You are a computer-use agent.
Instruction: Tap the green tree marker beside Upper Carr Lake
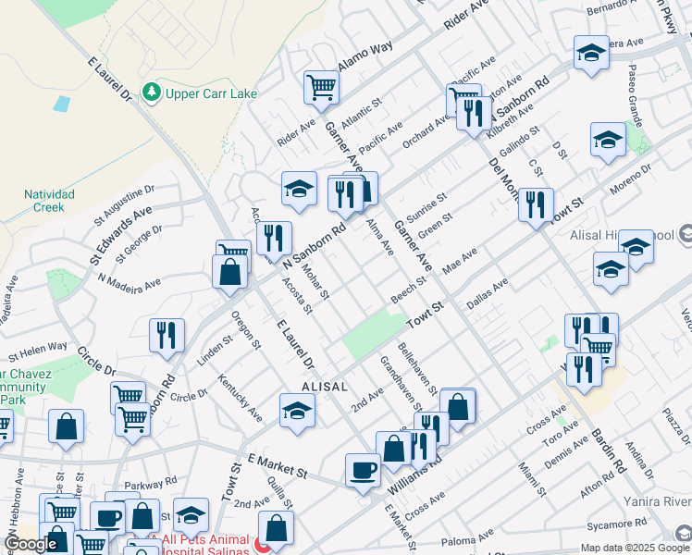[x=151, y=92]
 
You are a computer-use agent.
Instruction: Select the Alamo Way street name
[x=366, y=58]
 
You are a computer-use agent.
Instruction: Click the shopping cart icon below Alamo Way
[x=321, y=88]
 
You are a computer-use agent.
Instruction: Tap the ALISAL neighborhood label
[x=324, y=387]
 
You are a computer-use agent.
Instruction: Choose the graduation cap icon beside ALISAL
[x=297, y=411]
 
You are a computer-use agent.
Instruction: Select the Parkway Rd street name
[x=151, y=483]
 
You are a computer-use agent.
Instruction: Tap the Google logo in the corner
[x=30, y=544]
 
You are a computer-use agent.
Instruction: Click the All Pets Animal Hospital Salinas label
[x=205, y=544]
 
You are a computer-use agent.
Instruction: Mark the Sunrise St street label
[x=426, y=208]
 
